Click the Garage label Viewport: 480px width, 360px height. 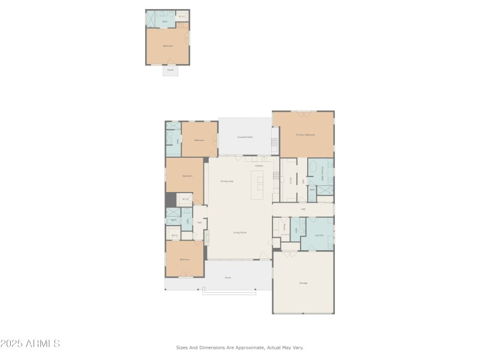coord(303,283)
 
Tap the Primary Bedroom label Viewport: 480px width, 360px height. coord(305,135)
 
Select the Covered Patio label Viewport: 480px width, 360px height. coord(245,137)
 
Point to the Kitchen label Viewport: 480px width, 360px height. coord(259,166)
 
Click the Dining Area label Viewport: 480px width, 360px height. coord(227,181)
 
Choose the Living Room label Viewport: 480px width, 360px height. coord(240,232)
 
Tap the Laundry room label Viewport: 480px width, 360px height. coord(320,235)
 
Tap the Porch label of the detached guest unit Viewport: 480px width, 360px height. coord(170,70)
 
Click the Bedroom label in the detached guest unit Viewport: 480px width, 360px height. coord(168,46)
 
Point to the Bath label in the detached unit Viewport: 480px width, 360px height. coord(165,21)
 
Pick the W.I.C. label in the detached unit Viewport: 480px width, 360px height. coord(182,16)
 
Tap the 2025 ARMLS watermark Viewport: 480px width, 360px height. coord(30,344)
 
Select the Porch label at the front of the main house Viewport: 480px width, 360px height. coord(228,278)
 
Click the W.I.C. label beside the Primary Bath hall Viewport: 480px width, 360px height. coord(292,180)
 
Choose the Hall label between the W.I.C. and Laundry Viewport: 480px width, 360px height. coord(304,209)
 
